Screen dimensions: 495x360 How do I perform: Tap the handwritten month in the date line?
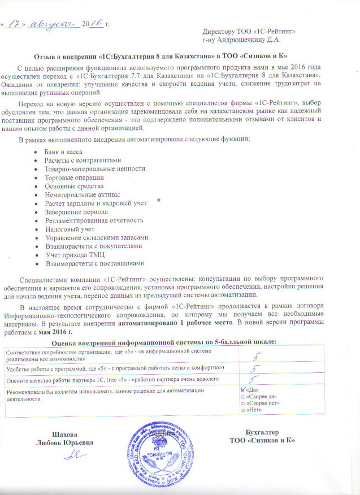tap(55, 23)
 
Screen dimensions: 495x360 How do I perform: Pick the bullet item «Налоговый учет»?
tap(69, 229)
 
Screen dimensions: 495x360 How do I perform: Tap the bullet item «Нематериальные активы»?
tap(81, 194)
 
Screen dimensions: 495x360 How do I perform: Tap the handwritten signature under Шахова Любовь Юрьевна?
tap(70, 454)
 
